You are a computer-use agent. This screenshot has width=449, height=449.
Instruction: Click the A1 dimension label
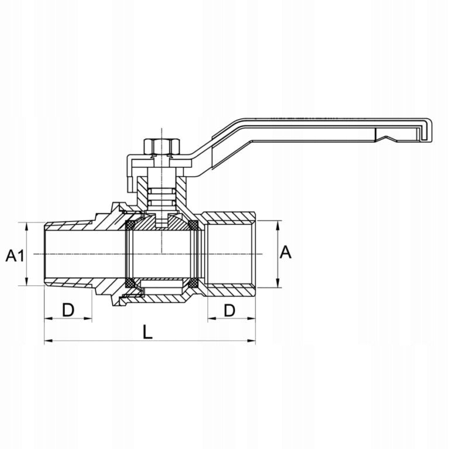(15, 255)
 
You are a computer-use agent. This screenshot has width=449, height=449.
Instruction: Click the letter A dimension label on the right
(285, 253)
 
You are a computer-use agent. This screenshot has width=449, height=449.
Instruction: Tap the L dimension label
(148, 333)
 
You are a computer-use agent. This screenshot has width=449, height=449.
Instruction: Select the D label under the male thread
(68, 310)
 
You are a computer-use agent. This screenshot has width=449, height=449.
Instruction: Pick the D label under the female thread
(229, 310)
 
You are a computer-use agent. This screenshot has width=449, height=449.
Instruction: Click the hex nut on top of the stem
(162, 146)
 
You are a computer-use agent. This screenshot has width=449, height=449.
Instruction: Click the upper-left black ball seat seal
(132, 225)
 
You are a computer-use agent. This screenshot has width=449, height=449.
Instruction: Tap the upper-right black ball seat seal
(193, 225)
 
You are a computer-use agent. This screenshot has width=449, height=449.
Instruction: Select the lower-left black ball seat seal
(132, 283)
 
